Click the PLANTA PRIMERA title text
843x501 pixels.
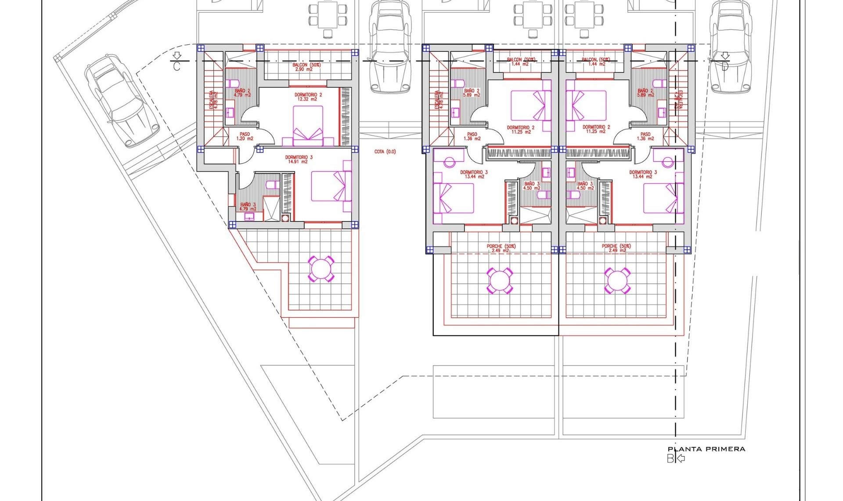[x=706, y=449]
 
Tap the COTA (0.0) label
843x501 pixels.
[x=385, y=152]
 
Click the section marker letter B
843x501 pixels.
[x=670, y=459]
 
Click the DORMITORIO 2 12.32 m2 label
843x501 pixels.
[x=308, y=97]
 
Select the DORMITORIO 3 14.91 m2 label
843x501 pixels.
[x=299, y=159]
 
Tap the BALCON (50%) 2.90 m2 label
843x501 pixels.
[x=306, y=67]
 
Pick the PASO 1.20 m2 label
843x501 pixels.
[x=245, y=136]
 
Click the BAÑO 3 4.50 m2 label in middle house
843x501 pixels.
[x=531, y=186]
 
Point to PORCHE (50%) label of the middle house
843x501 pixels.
[x=501, y=248]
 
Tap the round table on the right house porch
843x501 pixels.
[x=617, y=280]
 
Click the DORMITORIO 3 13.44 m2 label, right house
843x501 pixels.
[x=643, y=174]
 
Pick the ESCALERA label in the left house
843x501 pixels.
[x=213, y=100]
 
